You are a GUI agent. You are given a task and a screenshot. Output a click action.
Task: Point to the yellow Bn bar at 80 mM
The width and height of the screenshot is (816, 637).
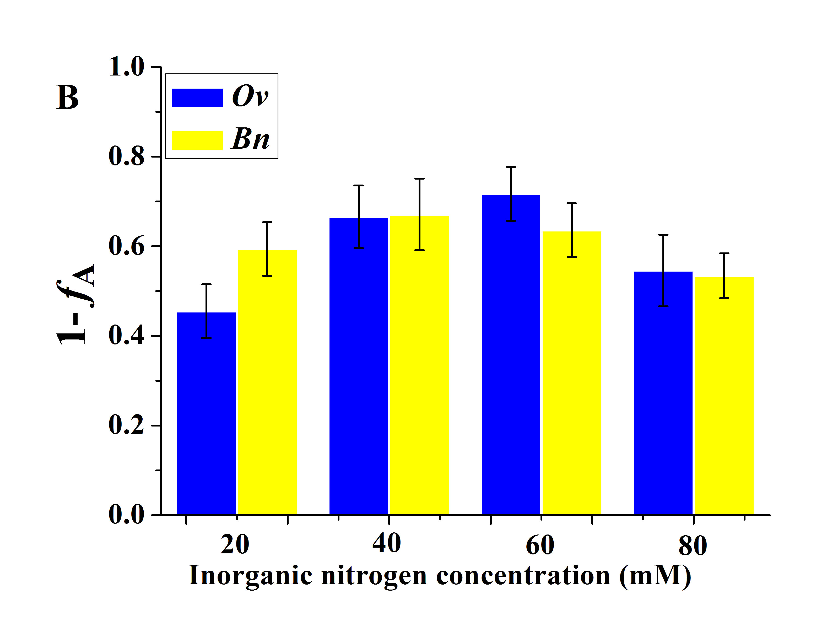(x=724, y=396)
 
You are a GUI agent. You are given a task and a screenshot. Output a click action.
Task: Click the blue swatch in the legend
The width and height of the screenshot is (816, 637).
(x=197, y=98)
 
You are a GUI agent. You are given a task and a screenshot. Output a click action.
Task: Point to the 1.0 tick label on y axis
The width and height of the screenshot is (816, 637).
(x=126, y=67)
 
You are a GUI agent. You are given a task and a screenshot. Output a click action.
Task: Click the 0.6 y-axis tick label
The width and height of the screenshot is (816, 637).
(x=126, y=247)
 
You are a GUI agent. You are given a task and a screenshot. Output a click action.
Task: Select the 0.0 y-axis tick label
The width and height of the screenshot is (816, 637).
(x=126, y=515)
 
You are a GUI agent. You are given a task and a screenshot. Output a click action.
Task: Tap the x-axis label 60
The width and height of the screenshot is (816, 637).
(x=540, y=546)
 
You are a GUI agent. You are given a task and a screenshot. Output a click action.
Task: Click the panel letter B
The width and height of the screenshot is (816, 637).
(x=68, y=98)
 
